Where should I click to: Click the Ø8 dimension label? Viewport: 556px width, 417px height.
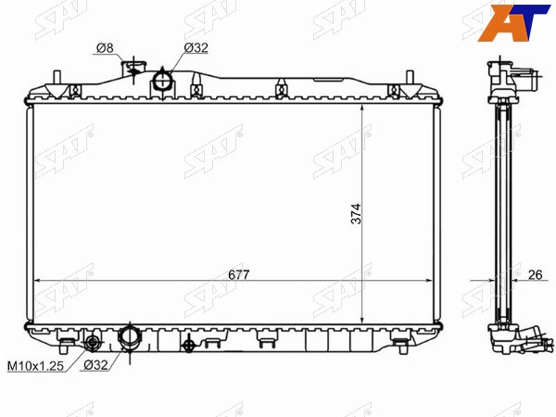coord(106,48)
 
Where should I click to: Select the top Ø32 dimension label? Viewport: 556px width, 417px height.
coord(196,48)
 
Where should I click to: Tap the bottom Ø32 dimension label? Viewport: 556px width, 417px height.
coord(95,365)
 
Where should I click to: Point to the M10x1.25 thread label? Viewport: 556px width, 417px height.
coord(35,366)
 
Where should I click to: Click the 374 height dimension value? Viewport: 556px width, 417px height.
coord(356,213)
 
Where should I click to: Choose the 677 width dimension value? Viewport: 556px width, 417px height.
coord(239,274)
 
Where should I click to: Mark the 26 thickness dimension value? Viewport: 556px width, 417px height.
coord(535,274)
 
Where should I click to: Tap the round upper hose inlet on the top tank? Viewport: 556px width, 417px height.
coord(163,80)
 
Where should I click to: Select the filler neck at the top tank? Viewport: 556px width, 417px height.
coord(133,69)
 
